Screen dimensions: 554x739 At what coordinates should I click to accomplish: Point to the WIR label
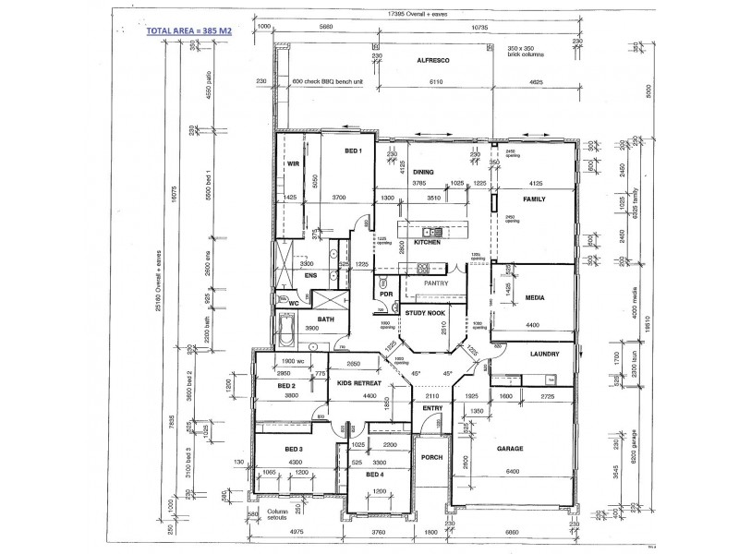[x=294, y=163]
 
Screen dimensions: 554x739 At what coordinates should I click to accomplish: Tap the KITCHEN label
[x=426, y=242]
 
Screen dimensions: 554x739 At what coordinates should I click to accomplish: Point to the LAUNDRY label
[x=546, y=354]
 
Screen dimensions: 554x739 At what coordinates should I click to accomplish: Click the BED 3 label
[x=294, y=449]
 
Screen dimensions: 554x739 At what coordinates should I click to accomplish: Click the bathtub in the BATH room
[x=285, y=330]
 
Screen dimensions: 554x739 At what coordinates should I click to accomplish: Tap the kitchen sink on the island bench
[x=427, y=231]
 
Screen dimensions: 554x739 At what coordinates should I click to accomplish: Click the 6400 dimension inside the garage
[x=513, y=472]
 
